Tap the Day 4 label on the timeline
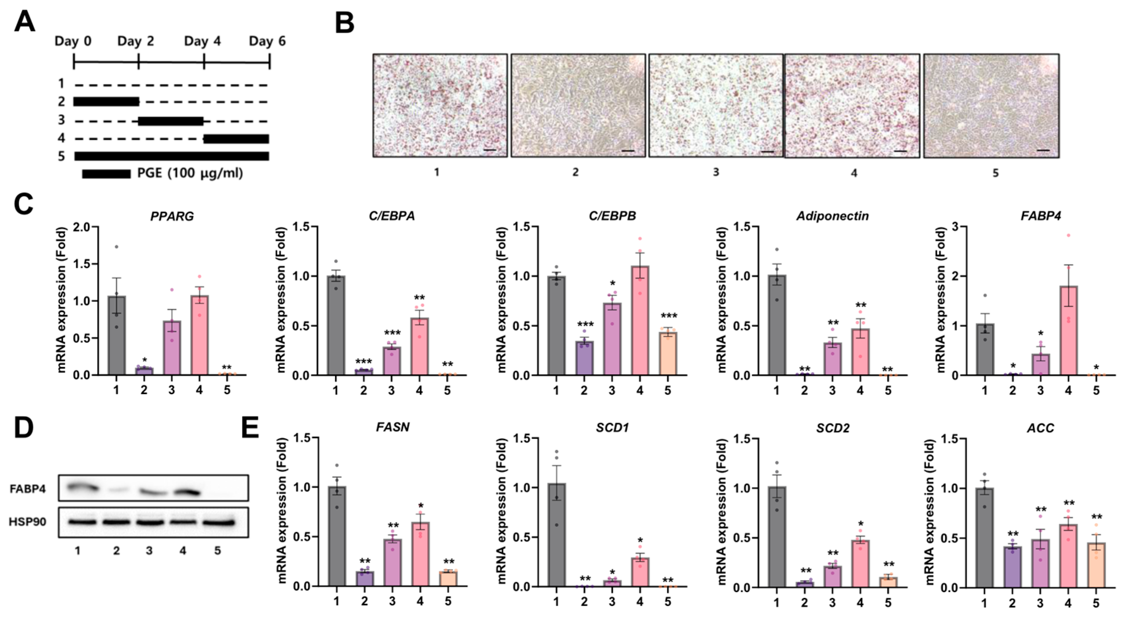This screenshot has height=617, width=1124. [203, 41]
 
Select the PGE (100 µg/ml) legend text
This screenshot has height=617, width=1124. [190, 173]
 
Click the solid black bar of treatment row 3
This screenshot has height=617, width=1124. [171, 121]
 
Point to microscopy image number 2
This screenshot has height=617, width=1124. [578, 105]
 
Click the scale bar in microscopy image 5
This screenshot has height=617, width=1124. [1043, 150]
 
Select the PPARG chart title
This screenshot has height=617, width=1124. [172, 216]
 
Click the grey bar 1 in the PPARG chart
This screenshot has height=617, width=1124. [117, 335]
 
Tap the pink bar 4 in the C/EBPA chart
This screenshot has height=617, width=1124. [419, 346]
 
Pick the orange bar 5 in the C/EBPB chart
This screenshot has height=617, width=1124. [668, 354]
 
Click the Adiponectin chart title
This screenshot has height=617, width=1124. [833, 216]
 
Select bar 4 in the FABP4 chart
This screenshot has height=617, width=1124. [1068, 330]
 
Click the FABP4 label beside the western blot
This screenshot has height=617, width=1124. [27, 489]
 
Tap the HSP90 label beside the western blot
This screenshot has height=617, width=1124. [27, 522]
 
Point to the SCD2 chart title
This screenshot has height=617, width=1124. [833, 428]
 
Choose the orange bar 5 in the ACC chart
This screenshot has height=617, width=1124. [1096, 565]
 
